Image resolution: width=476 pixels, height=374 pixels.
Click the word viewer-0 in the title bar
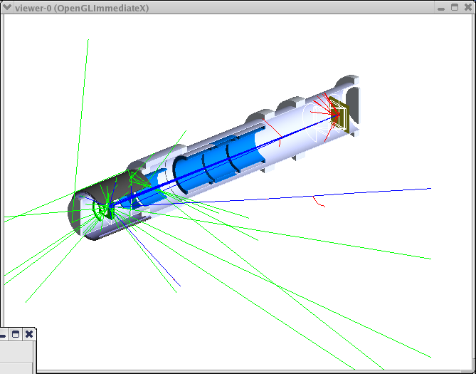pos(33,8)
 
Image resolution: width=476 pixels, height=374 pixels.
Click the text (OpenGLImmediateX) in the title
pos(102,9)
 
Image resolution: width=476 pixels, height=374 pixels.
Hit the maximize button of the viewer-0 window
pos(455,7)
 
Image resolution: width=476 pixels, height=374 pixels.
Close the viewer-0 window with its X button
pos(468,7)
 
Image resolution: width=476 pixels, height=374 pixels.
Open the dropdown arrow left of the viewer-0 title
pos(7,7)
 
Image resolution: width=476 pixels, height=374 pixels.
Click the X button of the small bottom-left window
pos(29,335)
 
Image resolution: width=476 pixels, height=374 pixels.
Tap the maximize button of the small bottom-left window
pos(16,335)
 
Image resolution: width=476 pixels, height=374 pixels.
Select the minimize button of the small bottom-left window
pos(2,336)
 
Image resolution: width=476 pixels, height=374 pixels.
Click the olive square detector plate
pos(339,114)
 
